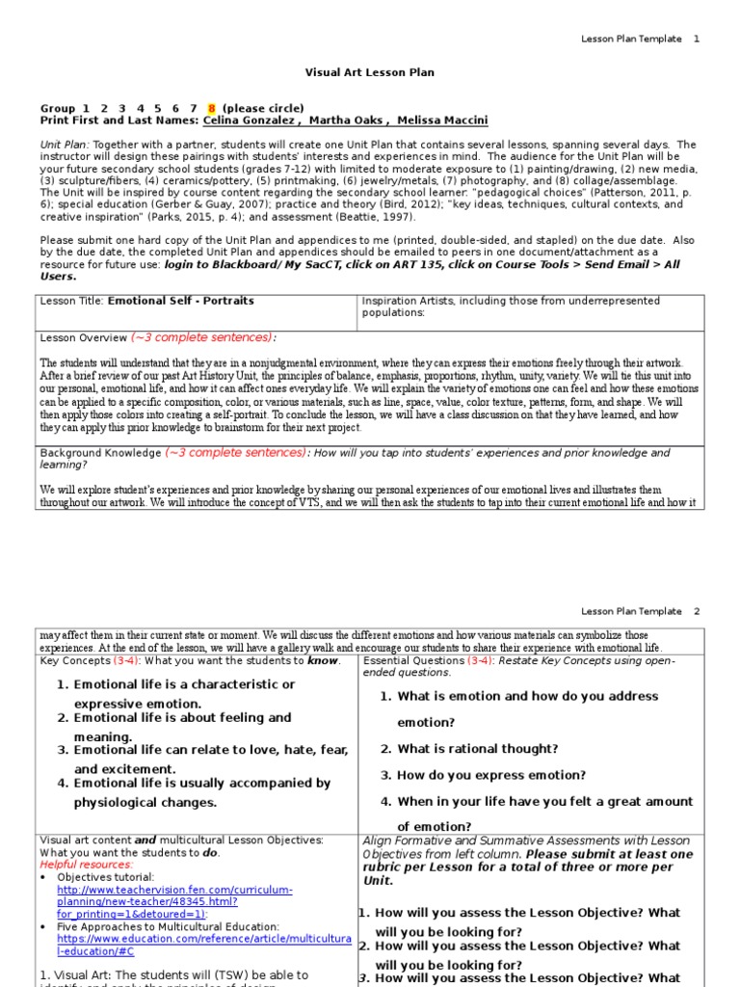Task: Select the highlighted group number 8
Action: [211, 108]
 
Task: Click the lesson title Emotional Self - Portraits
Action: [181, 301]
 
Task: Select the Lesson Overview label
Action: [83, 338]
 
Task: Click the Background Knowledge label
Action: [100, 453]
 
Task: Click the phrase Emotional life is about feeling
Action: [182, 718]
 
